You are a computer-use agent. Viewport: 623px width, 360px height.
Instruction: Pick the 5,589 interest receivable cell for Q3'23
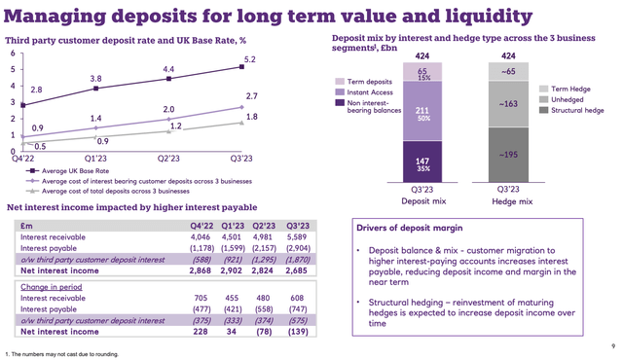269,234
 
